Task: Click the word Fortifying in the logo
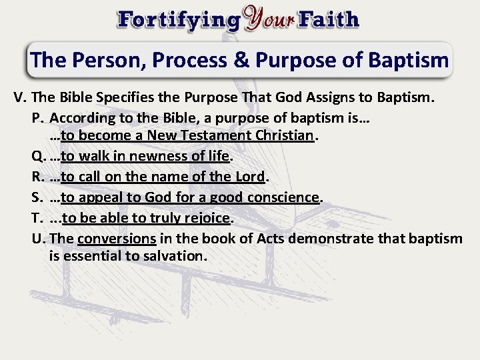click(x=178, y=19)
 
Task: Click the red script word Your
click(x=269, y=18)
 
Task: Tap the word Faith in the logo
click(x=329, y=19)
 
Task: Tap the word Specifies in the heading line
click(x=125, y=98)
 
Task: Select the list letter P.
click(x=37, y=118)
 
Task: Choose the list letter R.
click(x=38, y=177)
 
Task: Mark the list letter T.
click(x=37, y=217)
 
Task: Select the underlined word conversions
click(x=117, y=238)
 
